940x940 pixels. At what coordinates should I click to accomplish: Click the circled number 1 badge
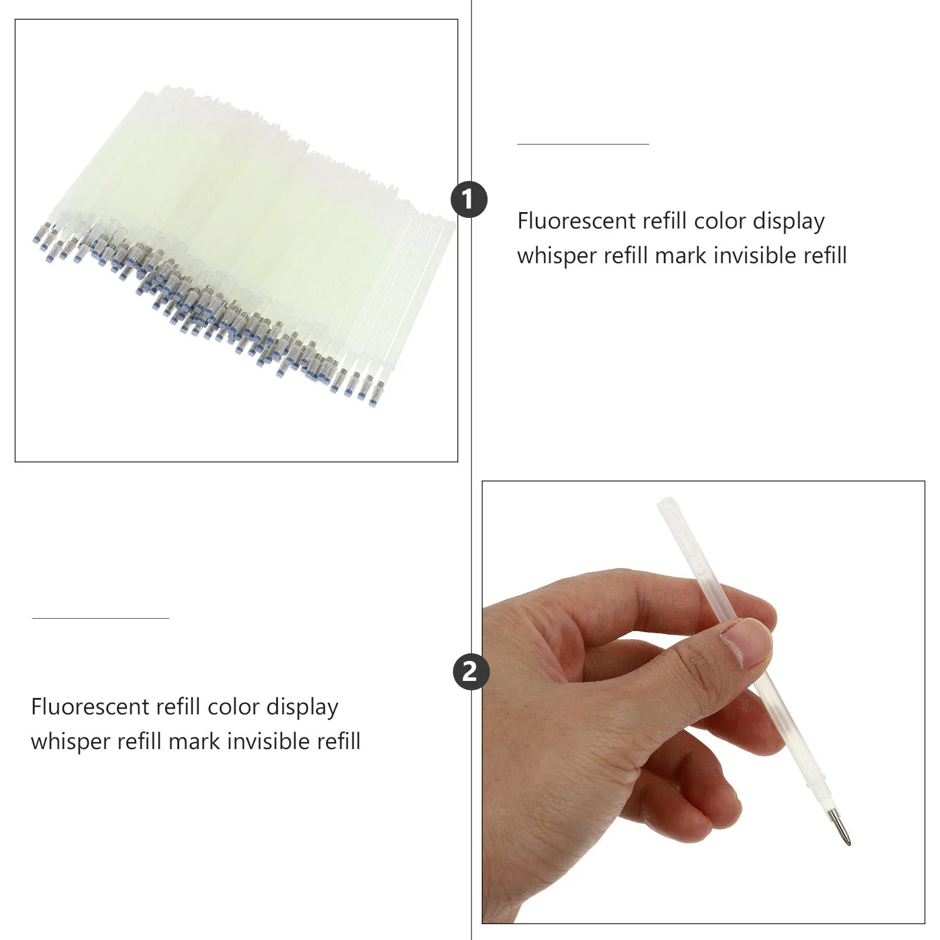point(469,200)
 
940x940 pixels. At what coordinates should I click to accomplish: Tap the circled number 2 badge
point(471,672)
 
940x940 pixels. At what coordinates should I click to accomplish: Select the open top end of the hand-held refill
point(666,503)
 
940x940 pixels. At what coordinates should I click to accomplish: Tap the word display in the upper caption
point(788,221)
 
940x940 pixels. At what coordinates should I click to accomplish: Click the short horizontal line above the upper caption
point(583,144)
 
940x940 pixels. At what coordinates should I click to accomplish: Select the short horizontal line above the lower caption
point(100,618)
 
